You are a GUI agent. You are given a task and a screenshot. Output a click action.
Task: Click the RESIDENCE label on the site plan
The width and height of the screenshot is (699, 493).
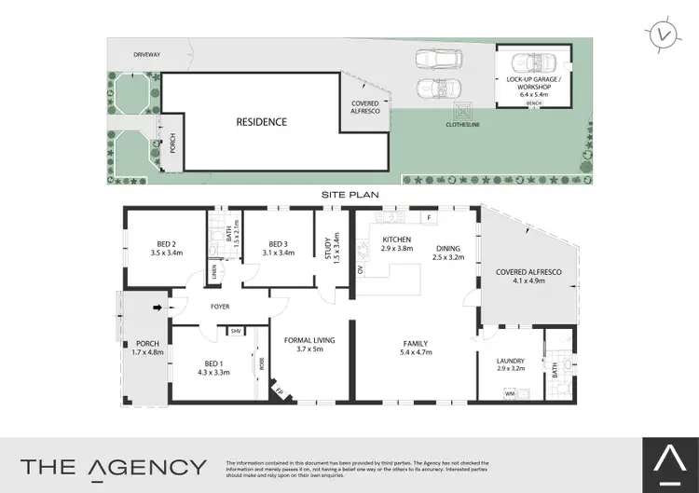pos(261,122)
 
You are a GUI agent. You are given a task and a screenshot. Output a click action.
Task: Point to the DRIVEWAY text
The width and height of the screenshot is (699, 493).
pos(147,55)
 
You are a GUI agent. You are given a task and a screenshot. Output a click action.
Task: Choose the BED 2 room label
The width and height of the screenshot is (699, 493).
pos(165,246)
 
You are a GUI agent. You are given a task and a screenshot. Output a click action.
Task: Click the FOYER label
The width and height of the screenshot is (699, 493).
pos(220,307)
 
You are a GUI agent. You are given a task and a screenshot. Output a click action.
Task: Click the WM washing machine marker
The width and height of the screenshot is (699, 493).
pos(510,395)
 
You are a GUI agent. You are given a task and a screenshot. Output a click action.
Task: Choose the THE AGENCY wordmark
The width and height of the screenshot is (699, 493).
pos(114,466)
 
